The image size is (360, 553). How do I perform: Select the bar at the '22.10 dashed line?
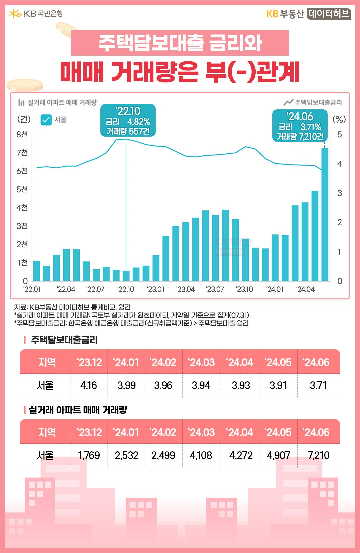126,276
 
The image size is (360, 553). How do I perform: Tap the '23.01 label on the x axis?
156,289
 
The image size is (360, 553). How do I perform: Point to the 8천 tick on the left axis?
22,134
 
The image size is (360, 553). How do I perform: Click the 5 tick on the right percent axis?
339,135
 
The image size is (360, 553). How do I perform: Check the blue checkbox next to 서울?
46,120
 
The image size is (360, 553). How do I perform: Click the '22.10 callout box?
128,121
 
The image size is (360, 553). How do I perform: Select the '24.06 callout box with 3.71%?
300,126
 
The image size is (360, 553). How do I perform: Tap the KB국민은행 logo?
36,14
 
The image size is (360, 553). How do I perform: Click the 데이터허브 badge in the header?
329,14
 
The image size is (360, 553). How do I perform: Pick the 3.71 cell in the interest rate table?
318,385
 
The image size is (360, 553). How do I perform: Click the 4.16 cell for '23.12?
89,385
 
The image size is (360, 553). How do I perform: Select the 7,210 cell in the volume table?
318,455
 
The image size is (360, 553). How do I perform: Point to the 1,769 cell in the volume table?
89,455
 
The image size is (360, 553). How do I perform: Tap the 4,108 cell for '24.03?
201,455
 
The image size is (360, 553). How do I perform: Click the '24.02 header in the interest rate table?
163,362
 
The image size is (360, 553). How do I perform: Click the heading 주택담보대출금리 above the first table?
64,340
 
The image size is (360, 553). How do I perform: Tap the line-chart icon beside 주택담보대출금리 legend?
288,102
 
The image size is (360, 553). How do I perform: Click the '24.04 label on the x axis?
305,289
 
